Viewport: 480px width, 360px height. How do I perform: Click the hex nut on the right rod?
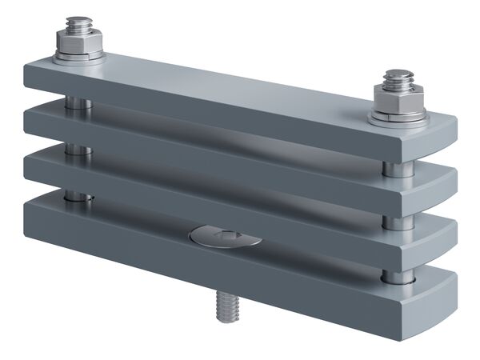click(398, 103)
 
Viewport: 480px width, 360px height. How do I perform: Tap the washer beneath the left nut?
click(79, 58)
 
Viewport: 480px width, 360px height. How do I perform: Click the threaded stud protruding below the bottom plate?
click(226, 308)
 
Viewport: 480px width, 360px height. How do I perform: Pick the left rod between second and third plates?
click(76, 150)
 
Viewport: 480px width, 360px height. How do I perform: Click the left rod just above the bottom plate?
click(77, 195)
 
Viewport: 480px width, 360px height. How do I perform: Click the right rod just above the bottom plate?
click(398, 277)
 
